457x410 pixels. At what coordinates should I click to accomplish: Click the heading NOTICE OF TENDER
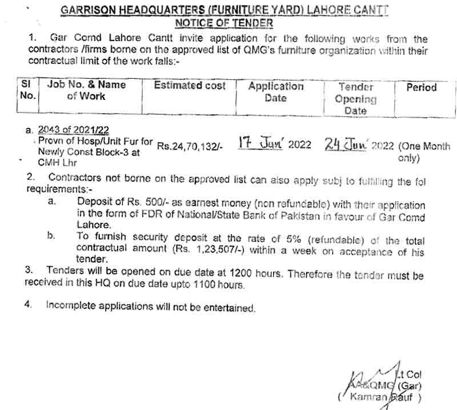pos(223,23)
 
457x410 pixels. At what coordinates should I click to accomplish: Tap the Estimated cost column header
pos(190,86)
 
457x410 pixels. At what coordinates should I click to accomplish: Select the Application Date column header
pos(275,92)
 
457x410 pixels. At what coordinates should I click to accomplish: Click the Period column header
pos(421,87)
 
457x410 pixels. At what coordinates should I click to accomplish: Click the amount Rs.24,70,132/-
pos(190,146)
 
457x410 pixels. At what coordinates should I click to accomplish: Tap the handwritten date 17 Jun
pos(260,143)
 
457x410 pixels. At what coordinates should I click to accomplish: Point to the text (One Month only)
pos(424,151)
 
